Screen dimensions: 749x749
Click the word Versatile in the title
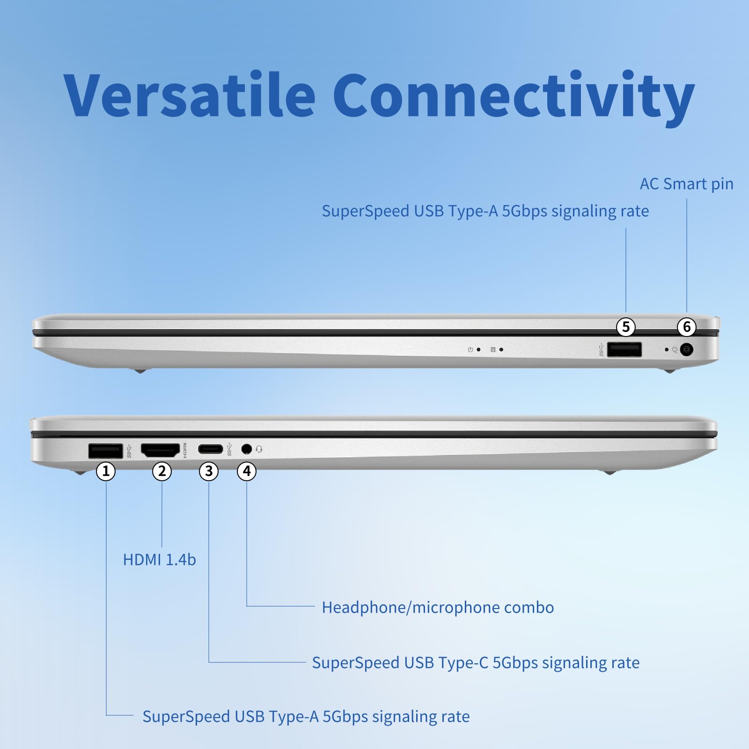[189, 95]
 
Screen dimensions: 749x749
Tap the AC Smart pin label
[686, 184]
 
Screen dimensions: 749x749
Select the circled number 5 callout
[626, 327]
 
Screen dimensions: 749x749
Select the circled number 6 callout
[687, 327]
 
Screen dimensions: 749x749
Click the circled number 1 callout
[106, 471]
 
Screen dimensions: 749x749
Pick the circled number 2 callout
[162, 471]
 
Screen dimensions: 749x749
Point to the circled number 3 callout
[209, 471]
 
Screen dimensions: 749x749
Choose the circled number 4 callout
[247, 471]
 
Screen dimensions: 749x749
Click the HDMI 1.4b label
[159, 560]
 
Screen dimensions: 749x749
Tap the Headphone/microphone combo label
[438, 608]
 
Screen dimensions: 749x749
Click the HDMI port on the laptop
[160, 450]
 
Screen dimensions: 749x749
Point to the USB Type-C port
[210, 449]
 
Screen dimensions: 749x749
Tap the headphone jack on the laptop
[247, 449]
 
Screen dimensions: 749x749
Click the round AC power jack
[686, 350]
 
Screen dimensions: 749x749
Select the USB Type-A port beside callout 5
[624, 349]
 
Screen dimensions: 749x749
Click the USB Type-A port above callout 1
[106, 451]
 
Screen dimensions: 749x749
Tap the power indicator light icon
[470, 350]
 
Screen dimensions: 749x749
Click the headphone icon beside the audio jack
[259, 449]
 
